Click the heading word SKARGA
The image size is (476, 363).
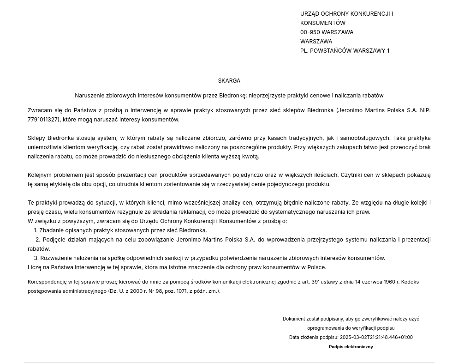(x=229, y=81)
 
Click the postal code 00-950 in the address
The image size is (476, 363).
(x=310, y=32)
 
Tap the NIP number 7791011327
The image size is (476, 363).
(x=43, y=120)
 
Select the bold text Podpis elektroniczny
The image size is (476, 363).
(x=351, y=347)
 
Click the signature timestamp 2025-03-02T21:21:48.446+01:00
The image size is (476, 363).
(x=376, y=338)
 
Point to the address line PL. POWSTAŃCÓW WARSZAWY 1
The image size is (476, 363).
(x=345, y=51)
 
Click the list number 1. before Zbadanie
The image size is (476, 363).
(x=36, y=230)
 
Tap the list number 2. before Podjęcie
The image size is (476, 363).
(x=38, y=240)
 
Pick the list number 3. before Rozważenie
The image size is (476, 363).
(x=36, y=258)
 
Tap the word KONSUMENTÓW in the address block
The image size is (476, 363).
(x=322, y=23)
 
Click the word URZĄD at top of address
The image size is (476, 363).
(x=309, y=14)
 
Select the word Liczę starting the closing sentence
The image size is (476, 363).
(x=35, y=267)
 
